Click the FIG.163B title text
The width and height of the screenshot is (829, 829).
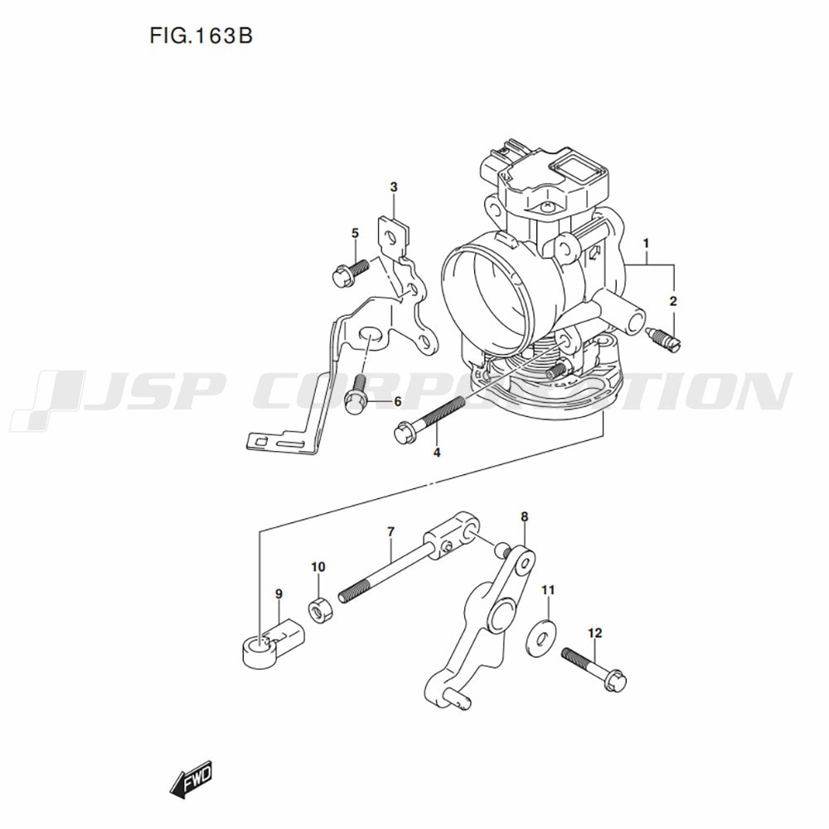coord(201,36)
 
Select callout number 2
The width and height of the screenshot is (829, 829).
coord(673,302)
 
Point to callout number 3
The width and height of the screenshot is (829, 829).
coord(394,187)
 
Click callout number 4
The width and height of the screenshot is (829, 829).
coord(437,453)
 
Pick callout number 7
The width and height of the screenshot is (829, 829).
coord(390,531)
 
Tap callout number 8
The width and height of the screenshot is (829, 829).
coord(524,516)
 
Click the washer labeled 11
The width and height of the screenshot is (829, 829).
coord(541,638)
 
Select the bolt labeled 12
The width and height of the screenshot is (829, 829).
coord(594,668)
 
